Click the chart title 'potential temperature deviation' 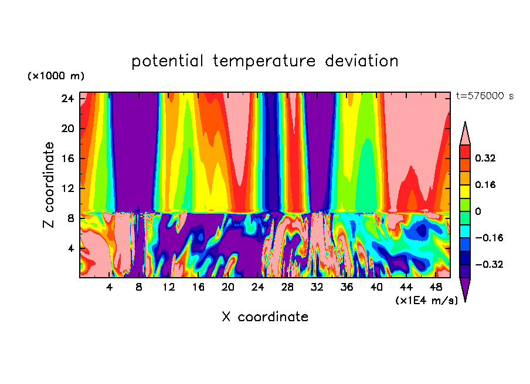click(x=265, y=61)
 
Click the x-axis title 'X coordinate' click(x=265, y=317)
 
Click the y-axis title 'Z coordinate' click(x=49, y=185)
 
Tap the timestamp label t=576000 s click(x=484, y=96)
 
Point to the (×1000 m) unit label click(x=56, y=76)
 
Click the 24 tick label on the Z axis click(x=66, y=99)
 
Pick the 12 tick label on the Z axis click(x=66, y=188)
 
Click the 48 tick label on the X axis click(x=436, y=287)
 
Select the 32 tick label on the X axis click(x=317, y=287)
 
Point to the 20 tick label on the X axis click(x=228, y=287)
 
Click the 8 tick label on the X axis click(x=139, y=287)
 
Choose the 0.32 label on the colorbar click(x=486, y=158)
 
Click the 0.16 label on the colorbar click(x=486, y=184)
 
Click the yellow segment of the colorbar click(x=465, y=191)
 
